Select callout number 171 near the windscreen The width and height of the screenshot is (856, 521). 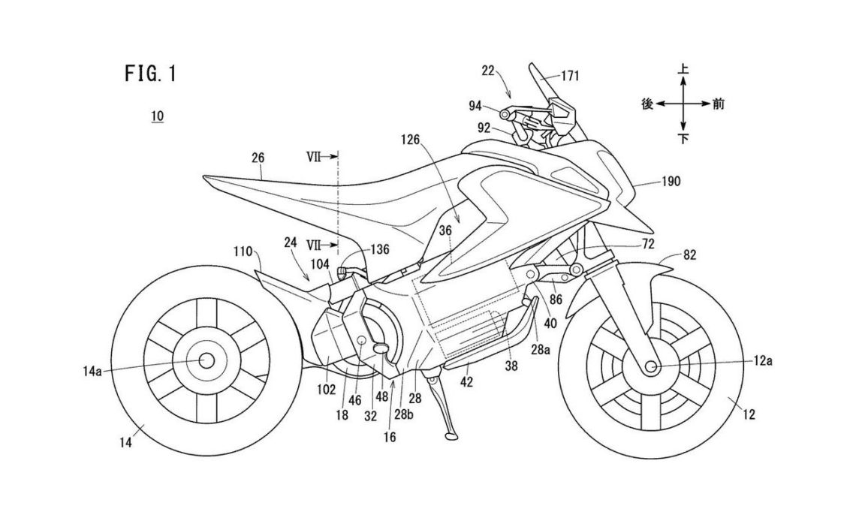570,75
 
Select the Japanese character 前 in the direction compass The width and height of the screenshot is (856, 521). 719,104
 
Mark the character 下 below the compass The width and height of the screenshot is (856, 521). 683,139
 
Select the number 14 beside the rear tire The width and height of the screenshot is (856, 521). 125,444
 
